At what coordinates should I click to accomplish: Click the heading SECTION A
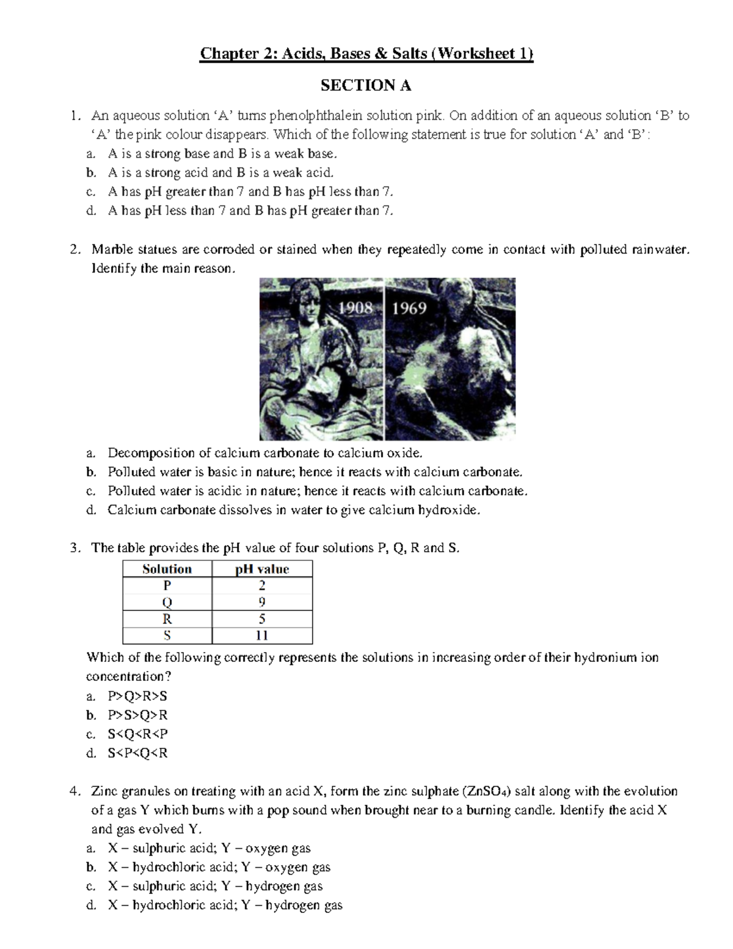tap(366, 86)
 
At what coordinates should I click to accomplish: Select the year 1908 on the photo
tap(356, 308)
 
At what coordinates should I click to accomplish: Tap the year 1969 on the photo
tap(409, 308)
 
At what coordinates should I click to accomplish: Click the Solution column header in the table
tap(167, 569)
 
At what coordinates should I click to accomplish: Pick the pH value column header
tap(262, 569)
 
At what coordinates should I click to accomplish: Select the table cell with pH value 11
tap(262, 636)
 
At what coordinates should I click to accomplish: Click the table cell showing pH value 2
tap(262, 585)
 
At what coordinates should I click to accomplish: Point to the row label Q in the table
tap(167, 603)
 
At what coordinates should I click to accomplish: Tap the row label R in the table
tap(167, 619)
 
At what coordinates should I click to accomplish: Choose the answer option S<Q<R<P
tap(137, 734)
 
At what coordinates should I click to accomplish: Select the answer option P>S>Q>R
tap(137, 715)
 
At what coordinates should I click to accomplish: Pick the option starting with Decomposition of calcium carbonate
tap(264, 453)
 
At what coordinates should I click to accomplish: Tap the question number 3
tap(74, 548)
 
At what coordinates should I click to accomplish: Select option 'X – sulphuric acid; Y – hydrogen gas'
tap(215, 886)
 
